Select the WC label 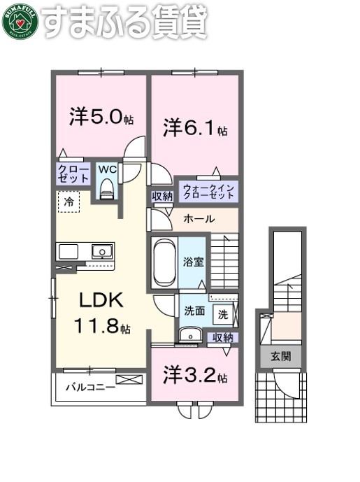108,170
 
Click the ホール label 199,220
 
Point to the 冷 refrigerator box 69,202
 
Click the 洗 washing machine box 222,314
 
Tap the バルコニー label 90,386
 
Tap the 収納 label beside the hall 161,197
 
